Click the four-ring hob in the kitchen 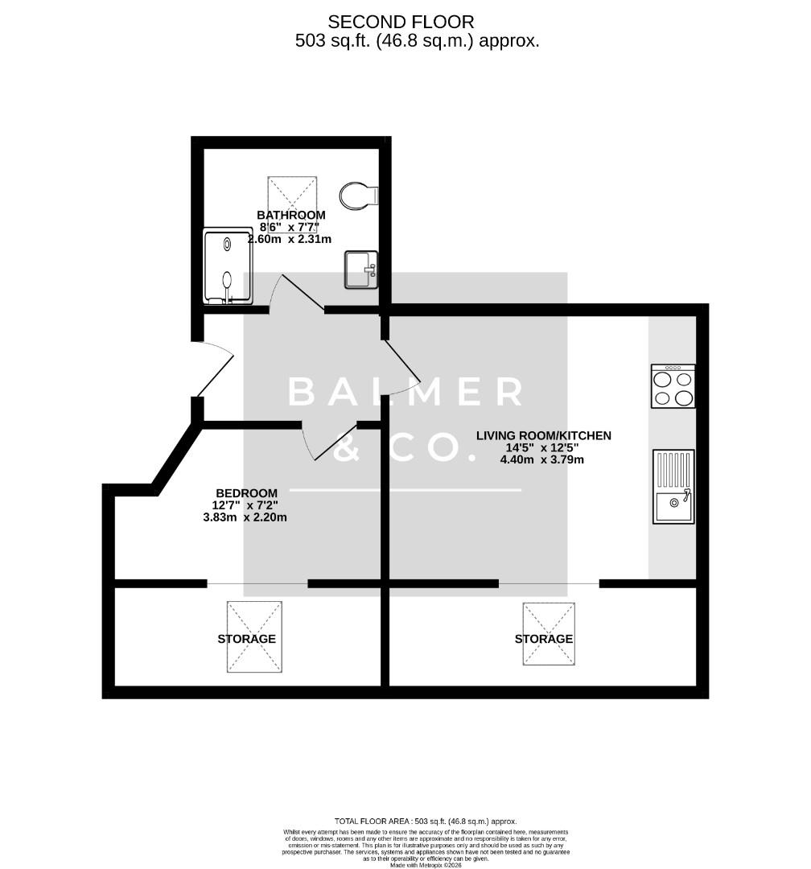tap(673, 387)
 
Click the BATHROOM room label tap(291, 215)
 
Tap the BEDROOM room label tap(246, 493)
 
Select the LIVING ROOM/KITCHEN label tap(543, 435)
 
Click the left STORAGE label tap(246, 639)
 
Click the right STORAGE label tap(544, 639)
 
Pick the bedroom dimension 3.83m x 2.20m tap(245, 517)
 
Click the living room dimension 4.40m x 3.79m tap(542, 460)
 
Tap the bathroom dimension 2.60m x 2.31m tap(290, 239)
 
